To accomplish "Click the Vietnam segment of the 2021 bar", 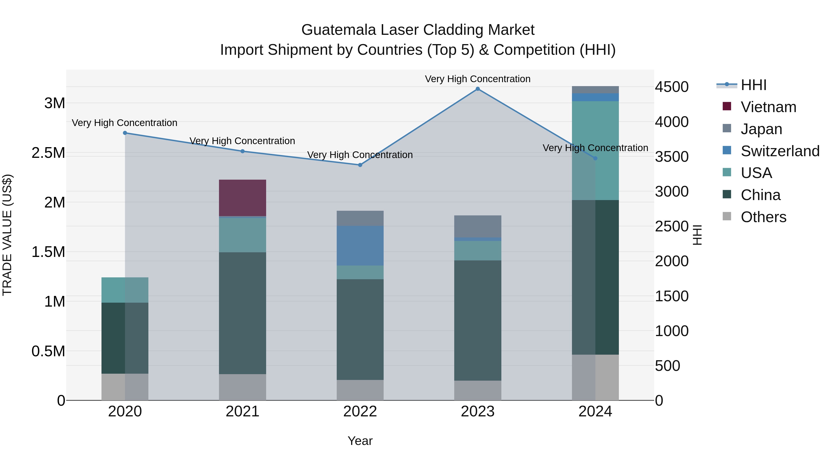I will click(242, 198).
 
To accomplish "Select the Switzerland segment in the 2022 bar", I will click(360, 246).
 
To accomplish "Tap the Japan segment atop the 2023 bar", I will click(477, 226).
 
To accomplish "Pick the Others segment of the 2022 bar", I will click(360, 390).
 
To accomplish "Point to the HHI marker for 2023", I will click(477, 89).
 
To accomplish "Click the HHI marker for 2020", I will click(125, 133).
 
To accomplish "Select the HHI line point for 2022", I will click(360, 165).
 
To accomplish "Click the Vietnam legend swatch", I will click(727, 106).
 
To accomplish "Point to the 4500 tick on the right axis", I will click(671, 87).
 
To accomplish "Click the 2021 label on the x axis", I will click(242, 412).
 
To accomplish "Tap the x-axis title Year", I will click(360, 441).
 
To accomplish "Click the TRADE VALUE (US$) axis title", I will click(7, 235).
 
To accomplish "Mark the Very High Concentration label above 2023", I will click(477, 79).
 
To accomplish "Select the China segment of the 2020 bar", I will click(125, 338).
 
